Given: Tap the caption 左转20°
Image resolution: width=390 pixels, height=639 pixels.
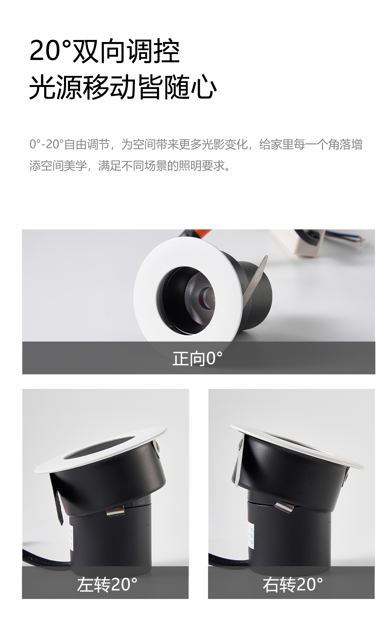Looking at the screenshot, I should (x=107, y=584).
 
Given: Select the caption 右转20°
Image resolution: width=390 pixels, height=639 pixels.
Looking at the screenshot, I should (x=292, y=584).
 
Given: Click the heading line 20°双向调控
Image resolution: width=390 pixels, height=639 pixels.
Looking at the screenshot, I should (x=104, y=51).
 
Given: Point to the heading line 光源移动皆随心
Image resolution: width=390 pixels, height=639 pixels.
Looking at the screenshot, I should (x=123, y=87).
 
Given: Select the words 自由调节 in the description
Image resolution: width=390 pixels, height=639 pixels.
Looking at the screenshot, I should (x=87, y=144).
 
